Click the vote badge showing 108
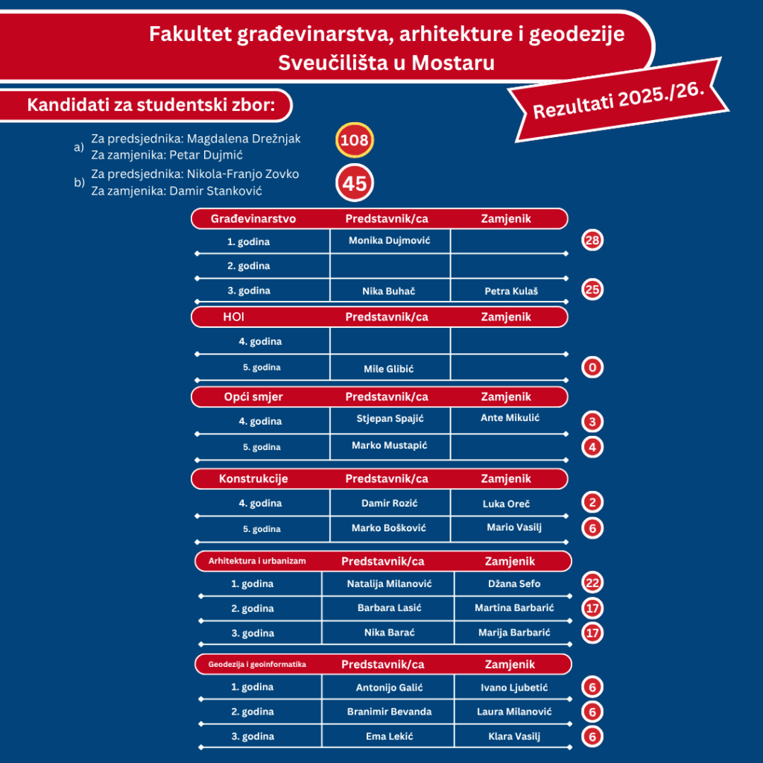pyautogui.click(x=354, y=140)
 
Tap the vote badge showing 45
pyautogui.click(x=354, y=183)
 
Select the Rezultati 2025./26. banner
pyautogui.click(x=618, y=99)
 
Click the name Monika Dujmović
pyautogui.click(x=389, y=241)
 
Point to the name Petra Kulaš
pyautogui.click(x=510, y=291)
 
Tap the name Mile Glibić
pyautogui.click(x=388, y=369)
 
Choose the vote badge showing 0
pyautogui.click(x=592, y=367)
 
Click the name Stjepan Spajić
pyautogui.click(x=390, y=417)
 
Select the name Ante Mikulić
pyautogui.click(x=510, y=417)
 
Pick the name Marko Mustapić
pyautogui.click(x=390, y=446)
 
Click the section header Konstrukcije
pyautogui.click(x=253, y=478)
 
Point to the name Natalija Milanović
pyautogui.click(x=390, y=583)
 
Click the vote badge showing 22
pyautogui.click(x=592, y=583)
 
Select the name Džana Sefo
pyautogui.click(x=514, y=583)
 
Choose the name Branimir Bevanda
pyautogui.click(x=389, y=712)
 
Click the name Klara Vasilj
pyautogui.click(x=514, y=736)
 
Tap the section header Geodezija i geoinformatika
pyautogui.click(x=257, y=664)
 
